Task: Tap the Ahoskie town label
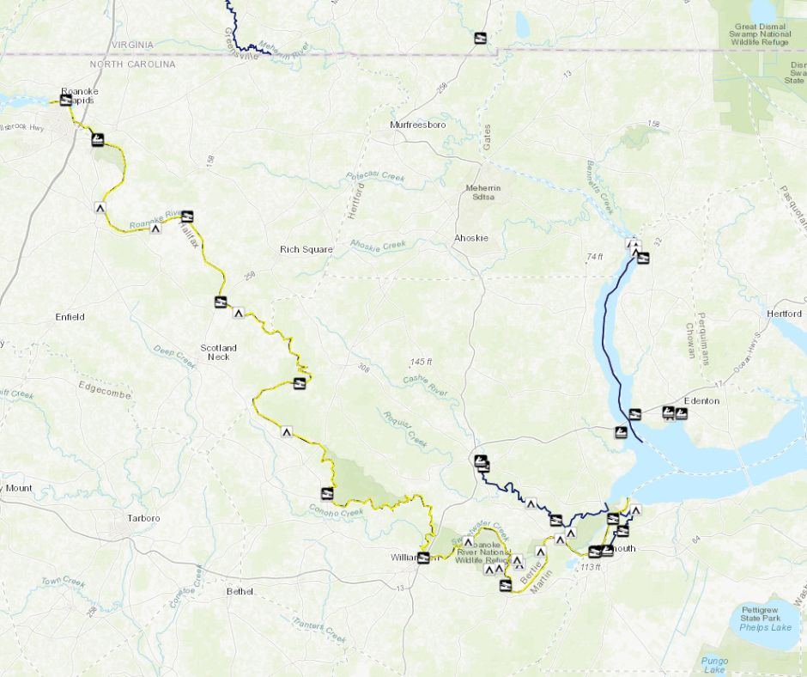pos(471,238)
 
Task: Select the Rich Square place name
pos(306,250)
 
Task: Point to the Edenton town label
pos(701,401)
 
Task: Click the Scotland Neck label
pos(218,352)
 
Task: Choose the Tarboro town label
pos(143,518)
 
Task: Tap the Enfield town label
pos(70,317)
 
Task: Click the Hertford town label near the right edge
pos(784,314)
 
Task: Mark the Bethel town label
pos(240,591)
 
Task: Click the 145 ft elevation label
pos(422,361)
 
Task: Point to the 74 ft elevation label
pos(595,257)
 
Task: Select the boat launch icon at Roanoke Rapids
pos(65,99)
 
